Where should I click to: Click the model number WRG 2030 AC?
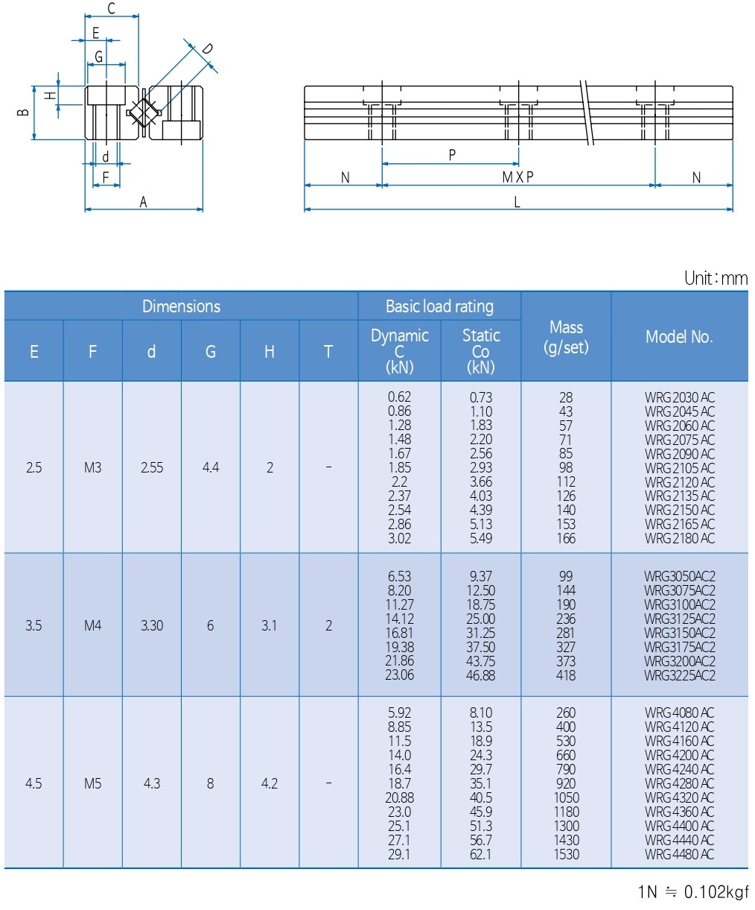[679, 397]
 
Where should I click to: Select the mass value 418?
[566, 675]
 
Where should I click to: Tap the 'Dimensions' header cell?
[181, 306]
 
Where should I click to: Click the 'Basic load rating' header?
[439, 306]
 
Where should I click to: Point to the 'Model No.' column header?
[679, 337]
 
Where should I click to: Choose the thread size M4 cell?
[92, 625]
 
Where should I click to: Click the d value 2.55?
[152, 468]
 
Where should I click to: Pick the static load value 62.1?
[480, 854]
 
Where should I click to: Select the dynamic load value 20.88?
[399, 797]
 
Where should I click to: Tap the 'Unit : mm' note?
[716, 279]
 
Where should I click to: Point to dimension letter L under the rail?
[517, 202]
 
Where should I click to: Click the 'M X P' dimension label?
[517, 177]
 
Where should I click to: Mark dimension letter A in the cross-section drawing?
[144, 202]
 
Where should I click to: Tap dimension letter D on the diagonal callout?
[208, 49]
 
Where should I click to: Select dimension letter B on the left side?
[23, 112]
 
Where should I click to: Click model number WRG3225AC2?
[679, 675]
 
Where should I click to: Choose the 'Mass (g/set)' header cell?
[566, 337]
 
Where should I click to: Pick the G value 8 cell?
[211, 783]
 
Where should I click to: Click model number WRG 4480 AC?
[679, 854]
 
